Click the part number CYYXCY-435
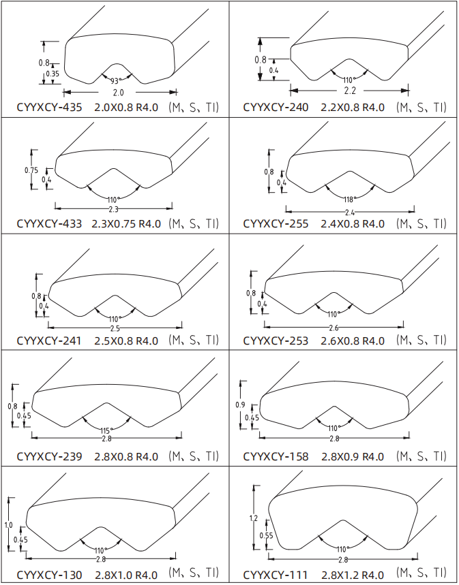pyautogui.click(x=49, y=108)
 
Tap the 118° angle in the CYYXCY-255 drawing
pyautogui.click(x=350, y=200)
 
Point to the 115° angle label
pyautogui.click(x=106, y=431)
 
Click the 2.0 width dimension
pyautogui.click(x=118, y=93)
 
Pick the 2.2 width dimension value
pyautogui.click(x=350, y=91)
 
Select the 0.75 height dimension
pyautogui.click(x=31, y=170)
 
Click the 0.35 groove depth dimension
pyautogui.click(x=53, y=74)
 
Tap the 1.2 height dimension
pyautogui.click(x=254, y=518)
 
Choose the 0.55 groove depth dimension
pyautogui.click(x=267, y=536)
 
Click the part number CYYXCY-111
pyautogui.click(x=276, y=575)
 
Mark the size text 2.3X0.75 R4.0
pyautogui.click(x=126, y=224)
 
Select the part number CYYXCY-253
pyautogui.click(x=276, y=341)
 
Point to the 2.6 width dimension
pyautogui.click(x=334, y=328)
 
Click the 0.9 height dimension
pyautogui.click(x=240, y=405)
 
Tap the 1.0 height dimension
pyautogui.click(x=8, y=525)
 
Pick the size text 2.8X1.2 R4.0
pyautogui.click(x=353, y=575)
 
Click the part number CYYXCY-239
pyautogui.click(x=49, y=456)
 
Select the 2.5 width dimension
pyautogui.click(x=115, y=329)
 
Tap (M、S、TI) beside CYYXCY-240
pyautogui.click(x=421, y=108)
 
